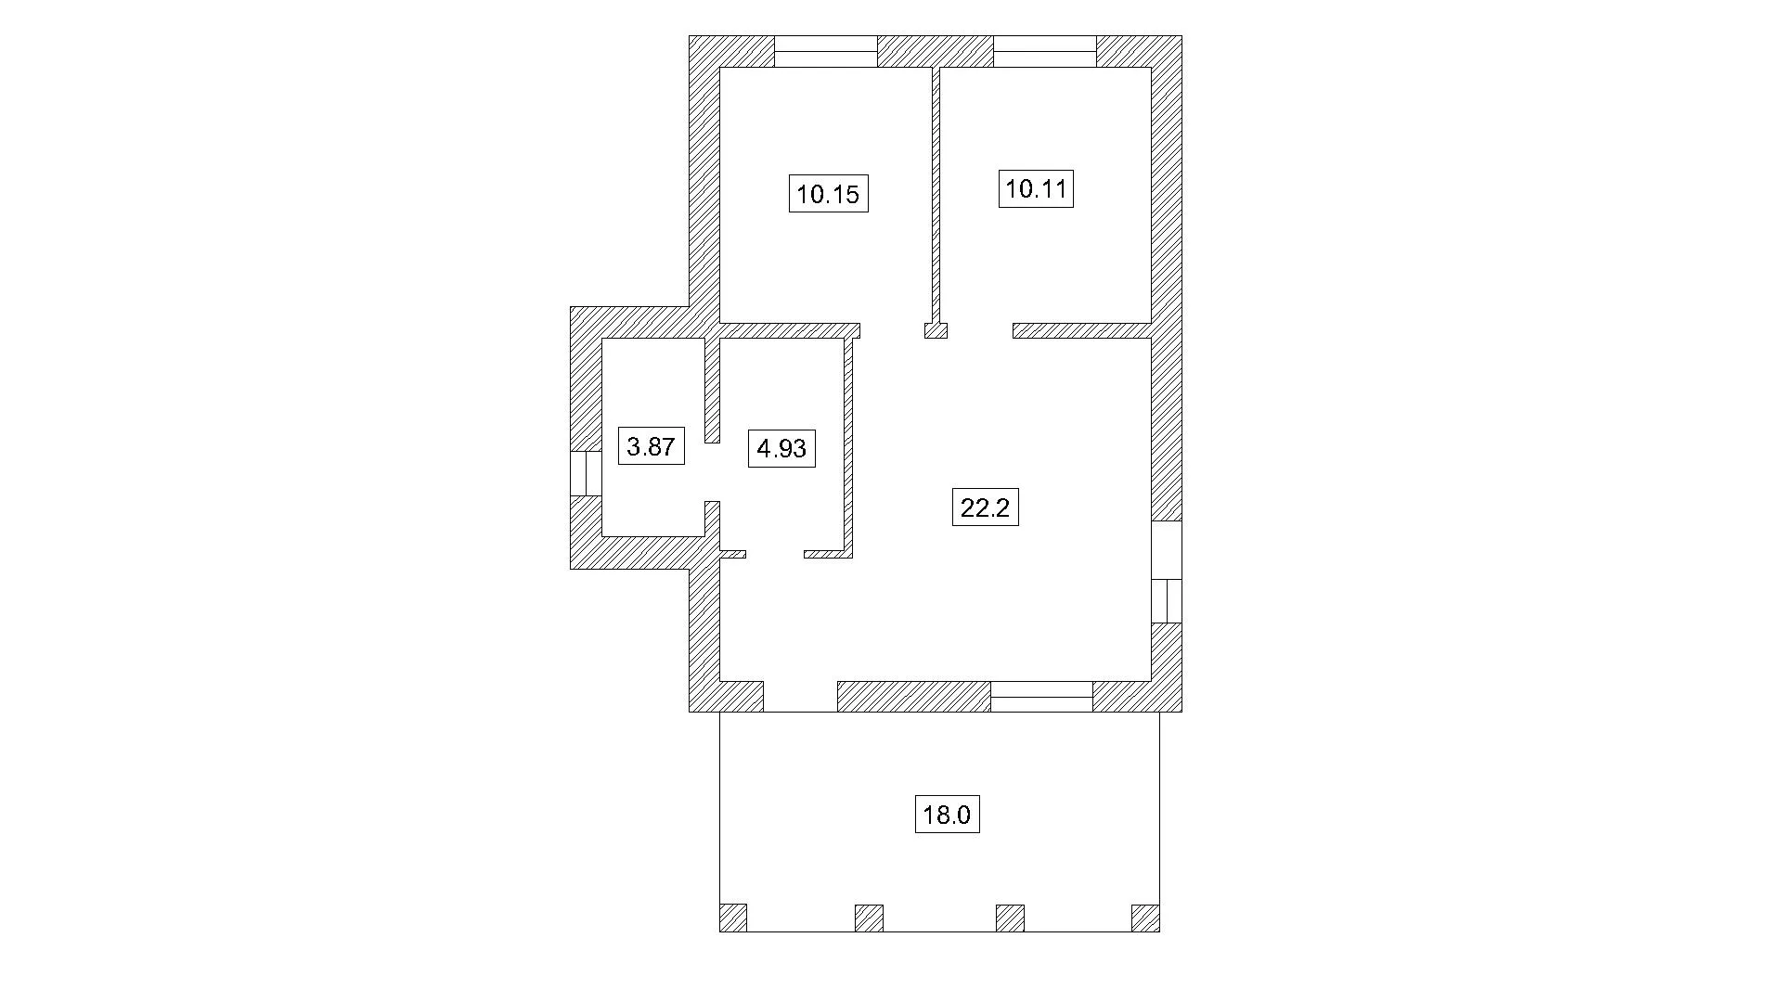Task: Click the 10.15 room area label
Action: tap(828, 194)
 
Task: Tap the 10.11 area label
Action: tap(1036, 189)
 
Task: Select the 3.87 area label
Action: tap(651, 446)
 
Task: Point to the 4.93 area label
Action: tap(781, 449)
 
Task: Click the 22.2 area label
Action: tap(985, 507)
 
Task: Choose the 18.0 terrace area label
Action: tap(947, 815)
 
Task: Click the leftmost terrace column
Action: tap(733, 918)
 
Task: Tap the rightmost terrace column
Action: tap(1145, 918)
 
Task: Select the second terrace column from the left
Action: tap(869, 918)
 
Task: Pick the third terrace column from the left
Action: tap(1010, 918)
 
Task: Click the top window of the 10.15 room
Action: tap(826, 51)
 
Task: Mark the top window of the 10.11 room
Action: tap(1045, 51)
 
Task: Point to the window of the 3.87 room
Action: tap(586, 473)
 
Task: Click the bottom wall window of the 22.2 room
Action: tap(1041, 697)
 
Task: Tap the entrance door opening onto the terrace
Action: tap(800, 697)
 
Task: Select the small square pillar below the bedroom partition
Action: tap(936, 330)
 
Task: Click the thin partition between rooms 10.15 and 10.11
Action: tap(936, 195)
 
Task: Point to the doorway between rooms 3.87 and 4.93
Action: tap(713, 472)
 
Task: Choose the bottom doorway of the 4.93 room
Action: tap(775, 554)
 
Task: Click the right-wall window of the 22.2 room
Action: tap(1167, 572)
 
